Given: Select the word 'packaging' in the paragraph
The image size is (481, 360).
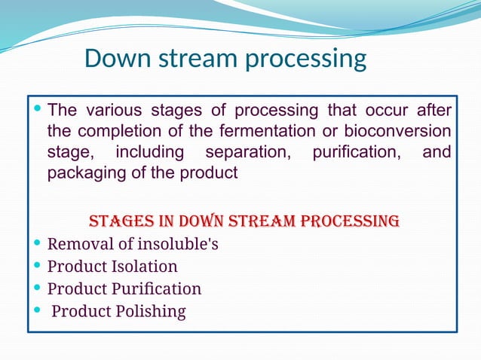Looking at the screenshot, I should click(81, 174).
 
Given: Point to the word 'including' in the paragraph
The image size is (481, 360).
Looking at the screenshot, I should click(149, 153).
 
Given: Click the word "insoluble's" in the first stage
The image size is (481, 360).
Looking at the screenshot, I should click(173, 245).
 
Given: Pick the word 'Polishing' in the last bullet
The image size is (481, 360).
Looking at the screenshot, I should click(150, 311).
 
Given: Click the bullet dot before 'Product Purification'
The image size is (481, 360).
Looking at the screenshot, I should click(38, 288).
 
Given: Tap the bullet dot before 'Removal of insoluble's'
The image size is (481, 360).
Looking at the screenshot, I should click(38, 245).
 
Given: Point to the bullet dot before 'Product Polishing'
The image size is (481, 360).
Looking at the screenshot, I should click(38, 311).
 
